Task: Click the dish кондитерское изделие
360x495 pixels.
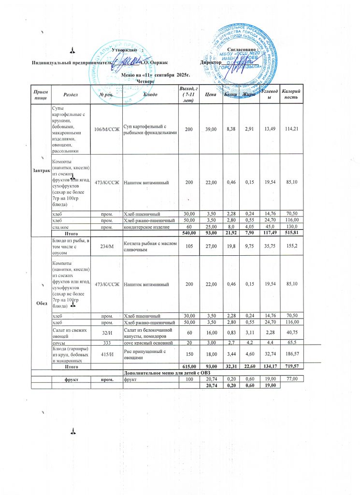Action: pyautogui.click(x=146, y=226)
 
